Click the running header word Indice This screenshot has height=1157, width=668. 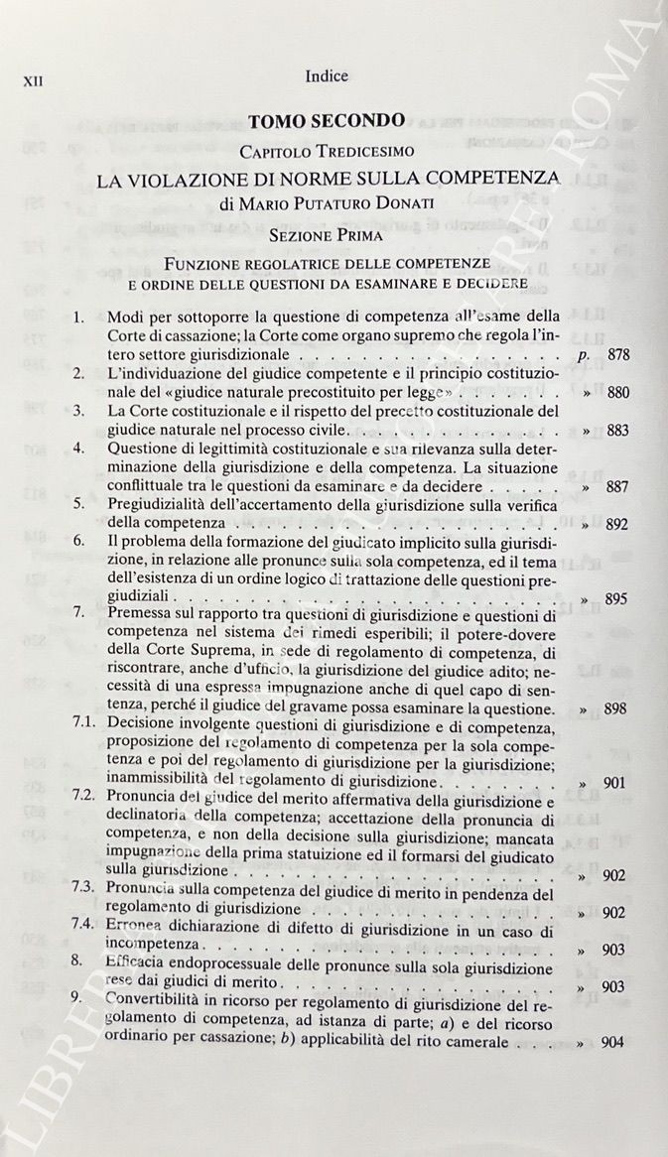pyautogui.click(x=328, y=74)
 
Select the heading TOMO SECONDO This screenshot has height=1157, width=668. pyautogui.click(x=327, y=122)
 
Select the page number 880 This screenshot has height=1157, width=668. pyautogui.click(x=617, y=392)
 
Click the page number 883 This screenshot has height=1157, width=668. pyautogui.click(x=617, y=431)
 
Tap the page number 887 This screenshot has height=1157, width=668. pyautogui.click(x=617, y=487)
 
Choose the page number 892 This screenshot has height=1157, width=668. pyautogui.click(x=617, y=524)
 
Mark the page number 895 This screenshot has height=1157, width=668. pyautogui.click(x=617, y=599)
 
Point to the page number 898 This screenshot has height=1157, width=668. pyautogui.click(x=616, y=710)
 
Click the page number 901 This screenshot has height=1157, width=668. pyautogui.click(x=616, y=784)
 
